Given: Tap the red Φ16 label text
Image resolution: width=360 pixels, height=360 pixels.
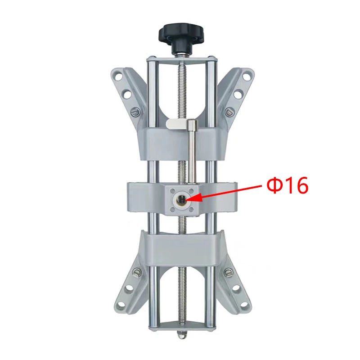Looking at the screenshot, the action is pos(287,186).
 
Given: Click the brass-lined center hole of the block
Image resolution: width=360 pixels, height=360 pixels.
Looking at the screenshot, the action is pos(181,199).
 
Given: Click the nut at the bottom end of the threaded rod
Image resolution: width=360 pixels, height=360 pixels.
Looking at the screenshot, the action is pos(181,335).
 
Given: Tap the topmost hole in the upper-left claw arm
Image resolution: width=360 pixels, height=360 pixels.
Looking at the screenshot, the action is pos(118,76).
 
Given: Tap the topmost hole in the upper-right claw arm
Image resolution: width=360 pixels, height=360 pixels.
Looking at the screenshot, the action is pos(246,76).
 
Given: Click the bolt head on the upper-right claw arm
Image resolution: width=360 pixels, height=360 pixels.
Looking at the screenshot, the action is pos(229,112).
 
